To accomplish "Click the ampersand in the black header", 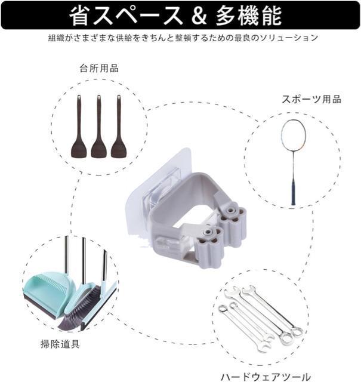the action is (x=199, y=16).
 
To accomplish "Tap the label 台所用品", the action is (x=99, y=69).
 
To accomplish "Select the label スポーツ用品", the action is (x=311, y=100).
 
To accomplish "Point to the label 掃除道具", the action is (x=60, y=344).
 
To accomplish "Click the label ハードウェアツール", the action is (x=266, y=377).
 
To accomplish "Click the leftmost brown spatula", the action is (x=79, y=126).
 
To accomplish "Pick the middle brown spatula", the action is (x=98, y=126).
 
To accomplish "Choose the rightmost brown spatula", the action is (x=119, y=126).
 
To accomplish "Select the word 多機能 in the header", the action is (x=248, y=16).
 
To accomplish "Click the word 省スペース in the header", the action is (x=126, y=16).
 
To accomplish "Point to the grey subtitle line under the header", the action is (x=183, y=38).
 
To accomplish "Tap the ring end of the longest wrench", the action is (x=298, y=331).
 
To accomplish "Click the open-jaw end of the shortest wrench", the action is (x=265, y=346).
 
